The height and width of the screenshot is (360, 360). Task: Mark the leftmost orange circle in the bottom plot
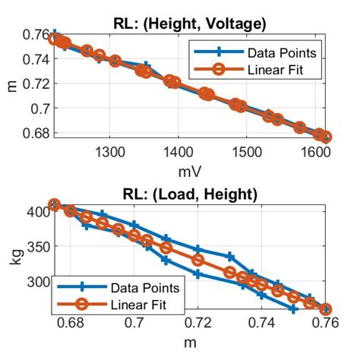pyautogui.click(x=54, y=204)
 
